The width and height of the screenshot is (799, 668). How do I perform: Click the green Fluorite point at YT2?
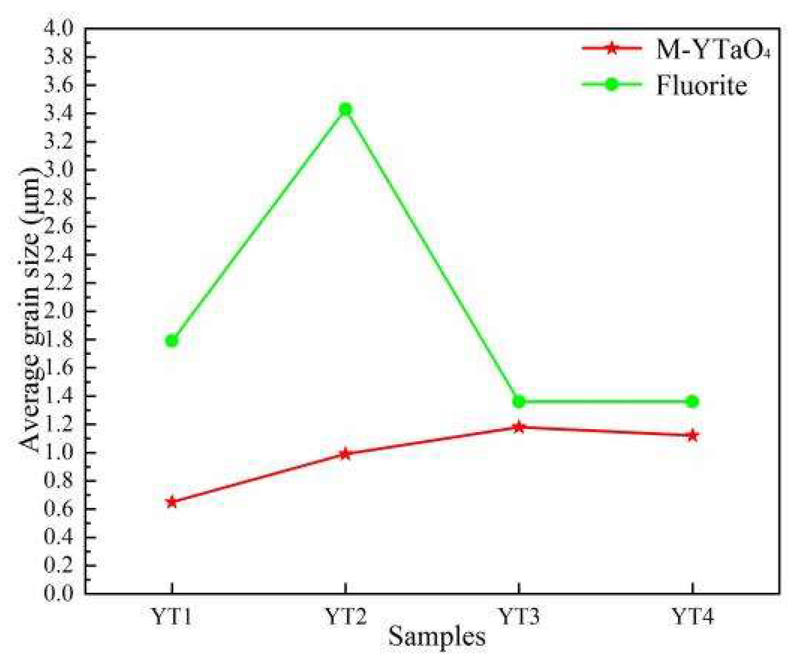click(x=345, y=109)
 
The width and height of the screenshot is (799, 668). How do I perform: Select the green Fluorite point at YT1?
click(x=172, y=341)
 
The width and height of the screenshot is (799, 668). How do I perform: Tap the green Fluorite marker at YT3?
click(x=519, y=402)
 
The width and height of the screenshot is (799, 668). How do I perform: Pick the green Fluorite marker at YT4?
click(x=692, y=402)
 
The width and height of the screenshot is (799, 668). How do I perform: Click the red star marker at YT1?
click(x=172, y=502)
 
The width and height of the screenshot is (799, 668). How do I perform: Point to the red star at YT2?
click(x=345, y=453)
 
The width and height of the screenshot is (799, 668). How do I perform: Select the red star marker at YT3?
click(x=519, y=427)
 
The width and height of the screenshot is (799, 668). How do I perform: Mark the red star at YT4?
click(x=692, y=436)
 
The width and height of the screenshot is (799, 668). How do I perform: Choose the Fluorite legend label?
click(x=701, y=85)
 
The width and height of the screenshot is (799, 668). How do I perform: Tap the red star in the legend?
click(x=612, y=49)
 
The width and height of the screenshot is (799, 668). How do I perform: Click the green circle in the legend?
click(x=612, y=84)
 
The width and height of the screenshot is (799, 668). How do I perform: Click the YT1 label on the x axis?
click(x=172, y=617)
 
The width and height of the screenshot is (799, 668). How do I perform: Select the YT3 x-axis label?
click(x=519, y=617)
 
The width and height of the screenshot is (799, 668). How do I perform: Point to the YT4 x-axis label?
click(x=692, y=617)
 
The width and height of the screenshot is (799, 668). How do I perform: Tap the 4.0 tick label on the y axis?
click(x=59, y=28)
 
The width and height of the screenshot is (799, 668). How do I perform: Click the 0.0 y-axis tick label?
click(x=59, y=593)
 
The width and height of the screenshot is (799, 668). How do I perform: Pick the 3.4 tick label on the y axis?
click(x=59, y=113)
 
